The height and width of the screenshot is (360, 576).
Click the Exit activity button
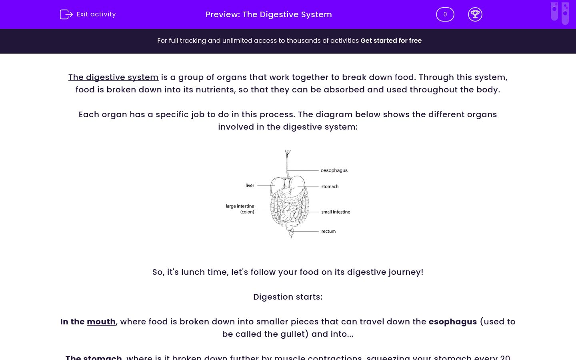coord(88,14)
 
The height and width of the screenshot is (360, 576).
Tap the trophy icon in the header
coord(475,14)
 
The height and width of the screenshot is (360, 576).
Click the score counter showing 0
coord(445,14)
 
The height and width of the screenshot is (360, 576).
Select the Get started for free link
coord(391,41)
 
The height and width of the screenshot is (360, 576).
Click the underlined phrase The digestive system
coord(113,78)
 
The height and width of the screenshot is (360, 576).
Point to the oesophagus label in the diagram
coord(334,170)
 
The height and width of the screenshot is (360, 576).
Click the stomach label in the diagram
coord(330,186)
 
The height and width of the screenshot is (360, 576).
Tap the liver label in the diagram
coord(250,185)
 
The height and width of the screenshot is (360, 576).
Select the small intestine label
coord(336,212)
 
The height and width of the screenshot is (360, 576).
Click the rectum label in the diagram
coord(328,231)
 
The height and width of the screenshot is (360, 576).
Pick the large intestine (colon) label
coord(240,209)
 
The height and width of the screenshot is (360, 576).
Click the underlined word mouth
coord(101,322)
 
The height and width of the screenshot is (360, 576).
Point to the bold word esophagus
coord(452,322)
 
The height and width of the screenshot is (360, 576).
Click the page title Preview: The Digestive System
coord(268,14)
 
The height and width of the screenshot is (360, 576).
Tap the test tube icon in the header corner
coord(560,13)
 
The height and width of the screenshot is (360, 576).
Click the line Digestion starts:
coord(288,297)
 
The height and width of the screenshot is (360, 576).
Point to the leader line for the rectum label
coord(306,231)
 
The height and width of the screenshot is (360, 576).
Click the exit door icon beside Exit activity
coord(66,14)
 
